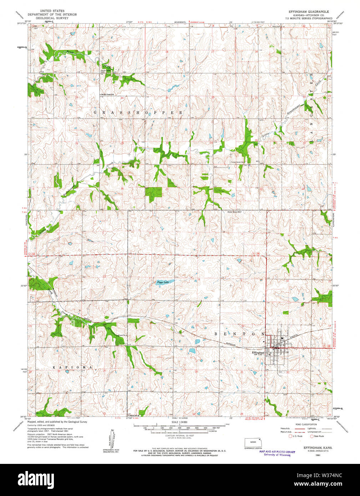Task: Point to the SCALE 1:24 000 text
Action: pyautogui.click(x=179, y=422)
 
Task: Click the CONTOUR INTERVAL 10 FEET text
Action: pyautogui.click(x=179, y=436)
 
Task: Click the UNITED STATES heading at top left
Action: pyautogui.click(x=52, y=11)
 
